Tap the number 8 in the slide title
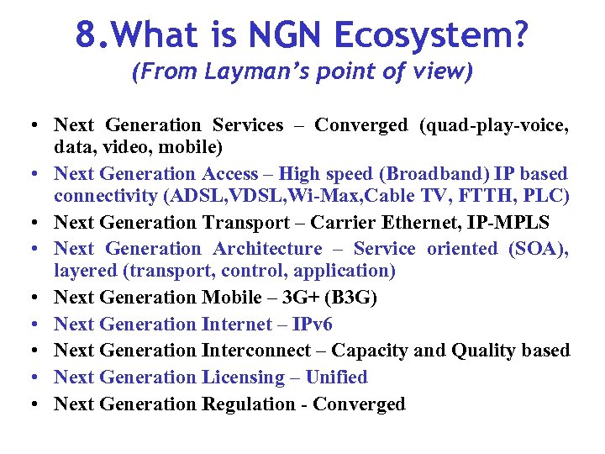coord(84,35)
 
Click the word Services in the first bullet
coord(248,125)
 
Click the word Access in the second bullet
coord(229,174)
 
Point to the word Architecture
coord(267,249)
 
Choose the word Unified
coord(336,377)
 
